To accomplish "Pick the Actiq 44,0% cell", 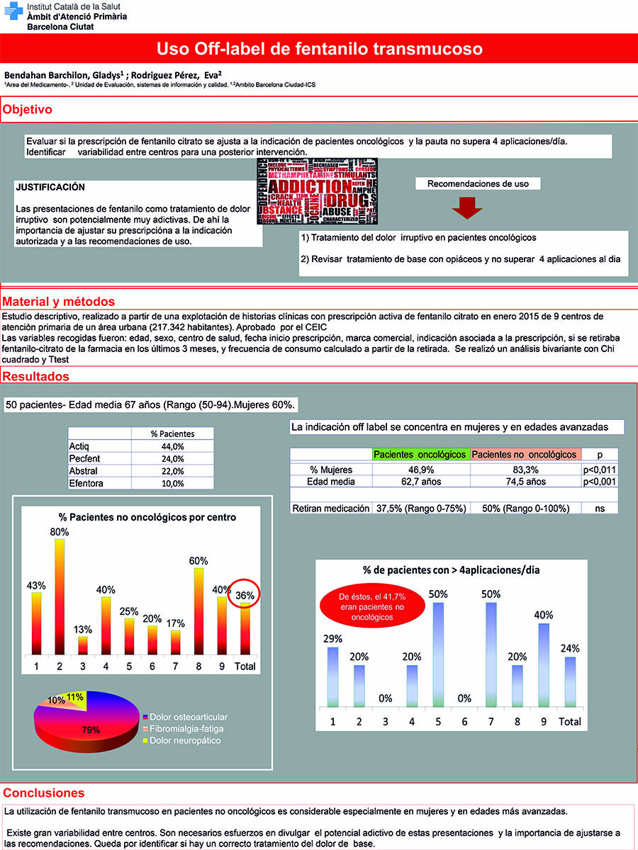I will (172, 446).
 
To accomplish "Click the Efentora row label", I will (86, 483).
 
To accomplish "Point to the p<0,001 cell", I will (599, 482).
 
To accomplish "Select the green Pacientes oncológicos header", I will (420, 455).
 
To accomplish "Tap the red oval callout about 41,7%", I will (365, 607).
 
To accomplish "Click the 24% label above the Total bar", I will (570, 648).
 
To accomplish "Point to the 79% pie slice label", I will (91, 730).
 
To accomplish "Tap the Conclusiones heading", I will (44, 793).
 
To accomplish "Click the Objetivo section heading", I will (28, 110).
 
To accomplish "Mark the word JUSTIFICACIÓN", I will (50, 188).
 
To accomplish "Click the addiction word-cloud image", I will (318, 192).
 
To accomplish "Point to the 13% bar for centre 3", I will (82, 645).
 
